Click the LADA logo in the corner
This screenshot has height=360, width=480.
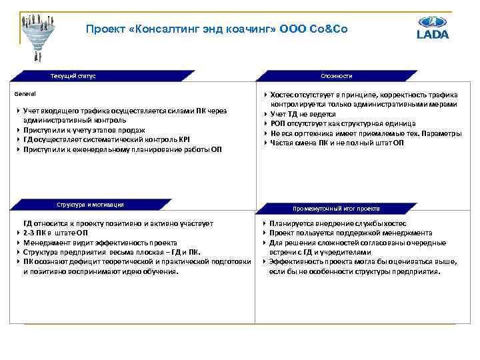(x=432, y=27)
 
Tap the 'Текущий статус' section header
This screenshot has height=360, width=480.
(x=73, y=76)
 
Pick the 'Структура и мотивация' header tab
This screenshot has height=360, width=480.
(x=89, y=205)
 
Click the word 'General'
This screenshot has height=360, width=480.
(x=27, y=94)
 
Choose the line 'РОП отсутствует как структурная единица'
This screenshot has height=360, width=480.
(x=342, y=123)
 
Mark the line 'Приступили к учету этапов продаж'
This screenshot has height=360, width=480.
(x=84, y=130)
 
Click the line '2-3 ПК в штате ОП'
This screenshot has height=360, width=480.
(x=55, y=233)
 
